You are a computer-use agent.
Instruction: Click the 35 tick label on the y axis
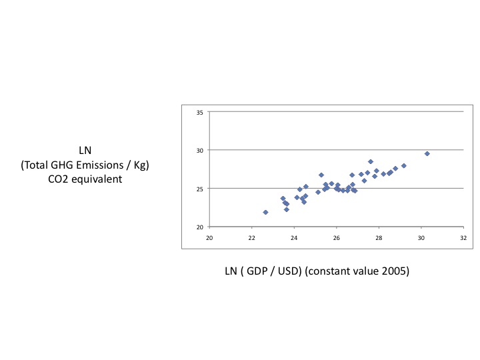(x=200, y=112)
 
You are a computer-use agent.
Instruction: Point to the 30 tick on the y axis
(x=200, y=150)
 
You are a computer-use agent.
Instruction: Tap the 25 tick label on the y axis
(x=200, y=189)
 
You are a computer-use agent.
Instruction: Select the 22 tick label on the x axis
(x=251, y=237)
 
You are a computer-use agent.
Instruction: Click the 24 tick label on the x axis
(x=294, y=237)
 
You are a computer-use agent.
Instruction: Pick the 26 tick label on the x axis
(x=337, y=237)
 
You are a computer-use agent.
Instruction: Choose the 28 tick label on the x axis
(x=379, y=237)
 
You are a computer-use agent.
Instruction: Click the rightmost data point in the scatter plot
(x=427, y=153)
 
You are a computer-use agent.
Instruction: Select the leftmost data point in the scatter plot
(x=265, y=212)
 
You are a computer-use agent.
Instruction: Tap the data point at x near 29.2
(x=404, y=165)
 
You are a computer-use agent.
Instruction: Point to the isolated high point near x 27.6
(x=371, y=161)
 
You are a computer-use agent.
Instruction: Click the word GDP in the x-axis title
(x=263, y=273)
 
